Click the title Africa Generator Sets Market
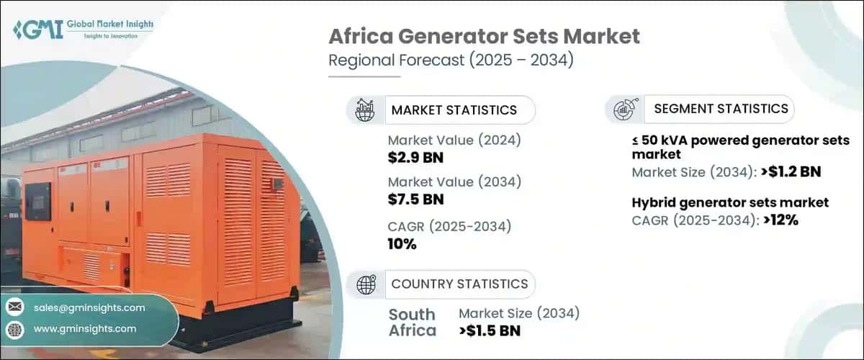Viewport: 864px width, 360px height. click(x=484, y=37)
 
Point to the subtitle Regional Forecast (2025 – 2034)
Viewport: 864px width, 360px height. click(x=451, y=60)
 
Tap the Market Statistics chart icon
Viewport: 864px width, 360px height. click(x=364, y=109)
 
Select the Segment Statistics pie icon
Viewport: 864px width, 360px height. click(x=624, y=109)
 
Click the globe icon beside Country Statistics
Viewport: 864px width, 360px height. click(x=366, y=284)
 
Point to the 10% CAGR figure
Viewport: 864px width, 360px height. click(x=402, y=243)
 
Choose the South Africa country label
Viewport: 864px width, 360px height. click(x=413, y=323)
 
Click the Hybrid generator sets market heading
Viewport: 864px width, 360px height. click(x=730, y=203)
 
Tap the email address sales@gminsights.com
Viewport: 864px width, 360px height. click(x=89, y=307)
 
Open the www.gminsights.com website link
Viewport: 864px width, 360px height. click(x=84, y=328)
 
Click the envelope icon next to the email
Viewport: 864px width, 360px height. click(x=14, y=307)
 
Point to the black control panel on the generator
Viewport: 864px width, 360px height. click(x=37, y=201)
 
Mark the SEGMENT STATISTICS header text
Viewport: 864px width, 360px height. click(x=721, y=109)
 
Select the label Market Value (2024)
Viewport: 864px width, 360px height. click(x=454, y=140)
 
